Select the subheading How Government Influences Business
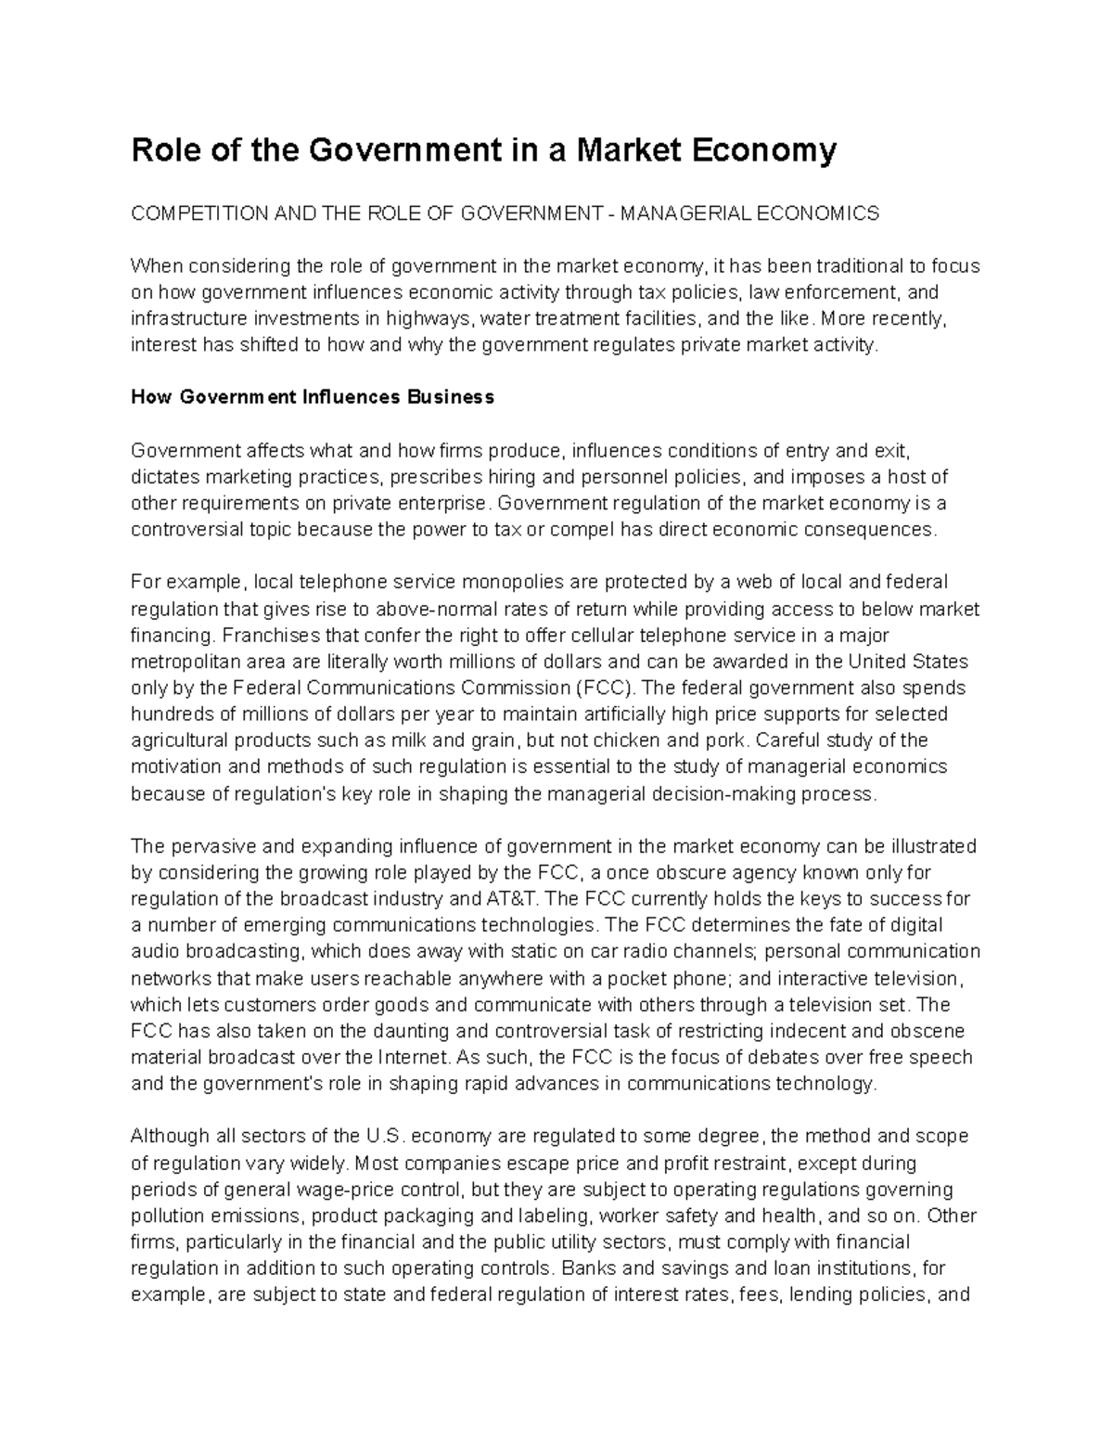[x=313, y=398]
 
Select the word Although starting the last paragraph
[x=168, y=1137]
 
